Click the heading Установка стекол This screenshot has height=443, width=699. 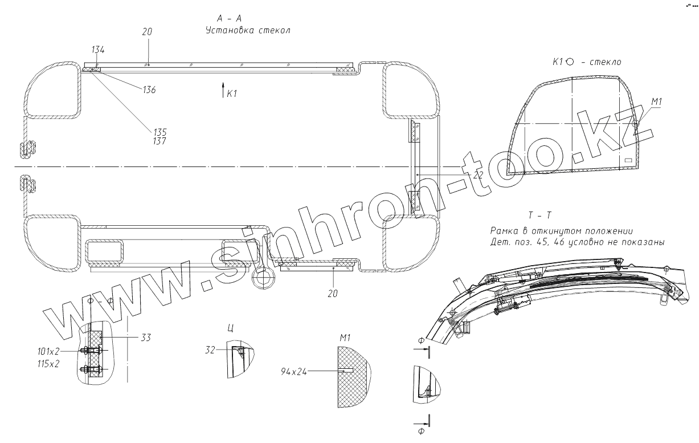coord(248,30)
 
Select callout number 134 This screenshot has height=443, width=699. coord(99,51)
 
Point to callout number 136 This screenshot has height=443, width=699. coord(149,90)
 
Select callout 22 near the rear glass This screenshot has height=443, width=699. coord(477,175)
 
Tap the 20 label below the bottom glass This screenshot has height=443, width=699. coord(333,294)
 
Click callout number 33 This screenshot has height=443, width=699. coord(146,338)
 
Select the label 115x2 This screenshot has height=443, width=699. coord(49,364)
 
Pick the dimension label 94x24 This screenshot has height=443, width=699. coord(294,372)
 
